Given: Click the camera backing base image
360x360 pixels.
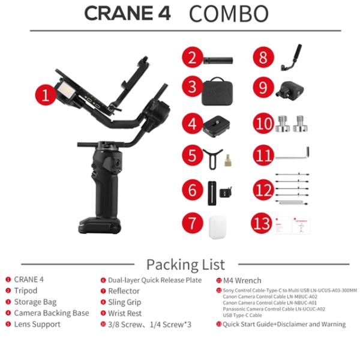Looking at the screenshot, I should pos(218,124).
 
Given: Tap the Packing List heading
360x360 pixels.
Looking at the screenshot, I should pos(185,264).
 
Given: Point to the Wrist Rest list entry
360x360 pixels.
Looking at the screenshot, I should pos(125,313).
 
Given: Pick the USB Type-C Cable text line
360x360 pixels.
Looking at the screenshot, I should pos(243,314).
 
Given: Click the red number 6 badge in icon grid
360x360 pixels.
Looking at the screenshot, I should pos(191,191).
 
